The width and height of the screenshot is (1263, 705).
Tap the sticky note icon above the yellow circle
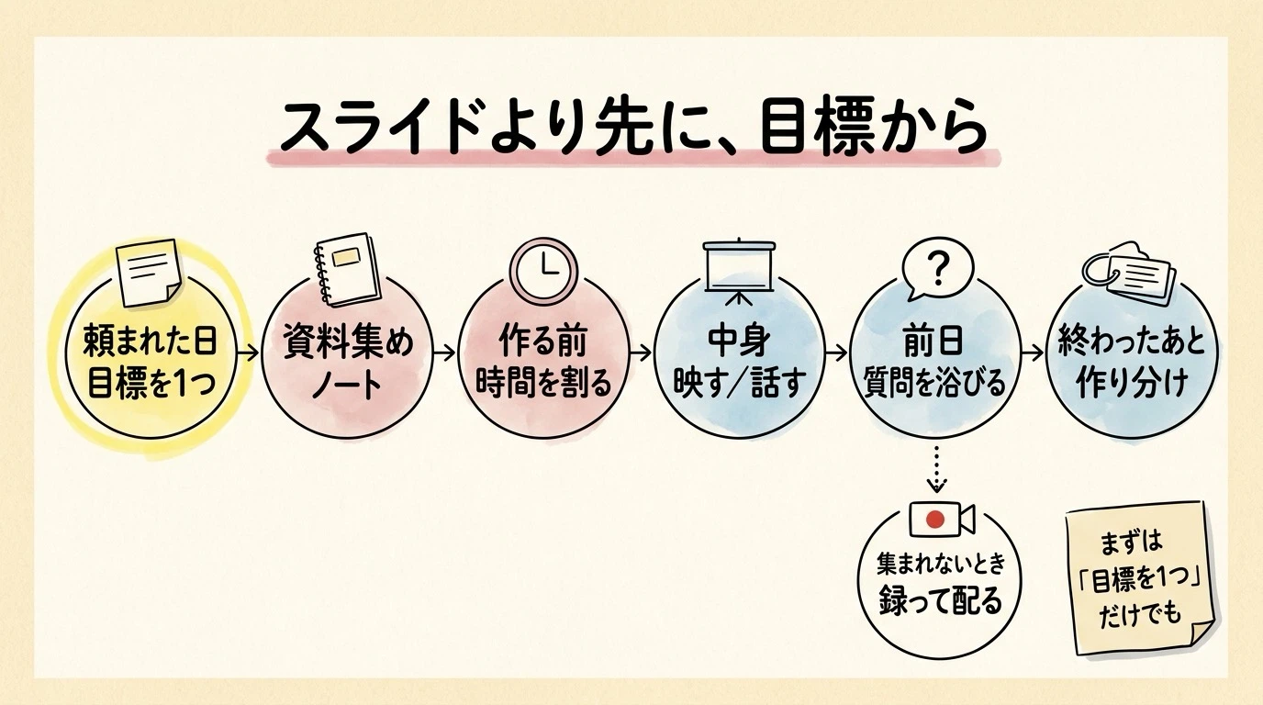coord(148,273)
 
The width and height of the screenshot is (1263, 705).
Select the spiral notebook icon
coord(345,270)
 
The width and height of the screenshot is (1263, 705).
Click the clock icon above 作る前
coord(544,269)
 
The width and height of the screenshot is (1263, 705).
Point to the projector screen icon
coord(739,273)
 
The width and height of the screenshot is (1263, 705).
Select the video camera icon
coord(942,520)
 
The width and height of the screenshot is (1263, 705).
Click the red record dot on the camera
coord(935,519)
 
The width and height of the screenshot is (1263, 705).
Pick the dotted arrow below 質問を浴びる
coord(936,469)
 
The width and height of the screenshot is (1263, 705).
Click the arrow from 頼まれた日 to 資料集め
coord(248,353)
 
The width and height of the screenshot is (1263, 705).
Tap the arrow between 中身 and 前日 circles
coord(836,353)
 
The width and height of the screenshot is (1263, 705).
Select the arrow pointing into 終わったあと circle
coord(1033,353)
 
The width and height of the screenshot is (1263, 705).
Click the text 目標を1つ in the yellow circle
coord(151,383)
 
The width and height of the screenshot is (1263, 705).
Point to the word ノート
coord(347,386)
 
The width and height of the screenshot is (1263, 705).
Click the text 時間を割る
coord(543,383)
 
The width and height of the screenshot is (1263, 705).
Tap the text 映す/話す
coord(739,383)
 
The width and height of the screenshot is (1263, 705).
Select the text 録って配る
coord(941,599)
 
